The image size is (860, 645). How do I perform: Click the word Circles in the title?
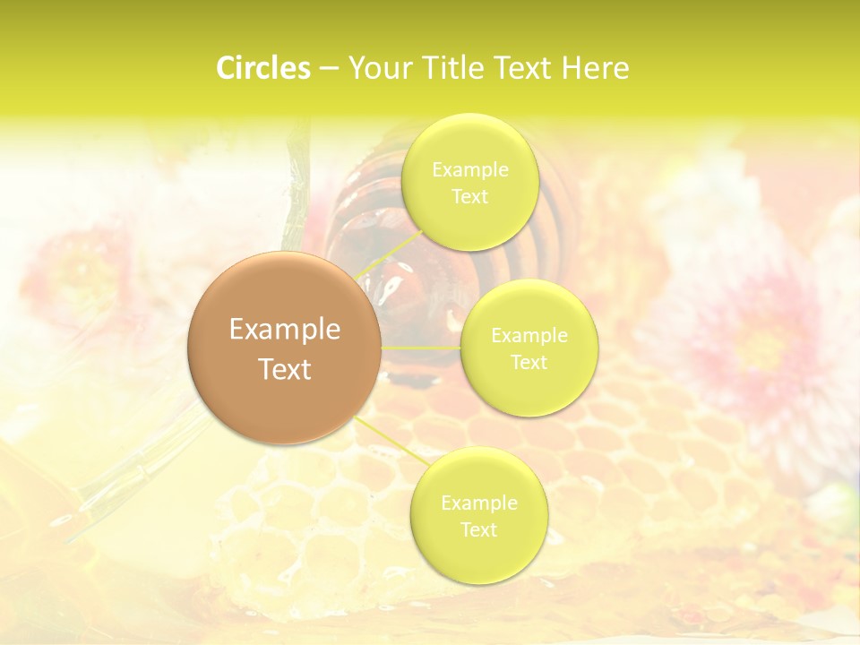pos(262,68)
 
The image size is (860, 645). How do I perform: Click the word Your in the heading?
pos(376,68)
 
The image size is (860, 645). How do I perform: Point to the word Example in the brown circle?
pos(284,330)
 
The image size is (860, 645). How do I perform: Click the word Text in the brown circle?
pos(284,369)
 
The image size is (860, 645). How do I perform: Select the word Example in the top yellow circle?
pos(469,169)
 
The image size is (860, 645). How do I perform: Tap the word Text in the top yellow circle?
pos(469,196)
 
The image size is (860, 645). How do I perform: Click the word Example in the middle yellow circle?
pos(529,335)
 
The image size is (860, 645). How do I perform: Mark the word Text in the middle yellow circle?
pos(529,362)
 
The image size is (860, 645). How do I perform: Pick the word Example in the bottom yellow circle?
pos(478,503)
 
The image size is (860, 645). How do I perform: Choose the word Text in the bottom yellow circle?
pos(478,529)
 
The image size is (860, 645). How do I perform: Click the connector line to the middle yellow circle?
pos(421,347)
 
